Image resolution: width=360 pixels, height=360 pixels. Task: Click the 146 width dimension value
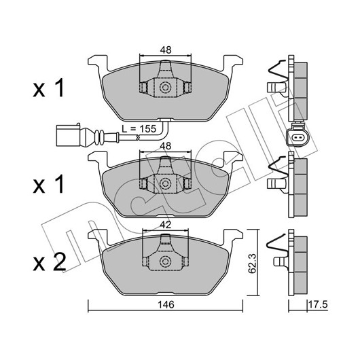[x=166, y=305]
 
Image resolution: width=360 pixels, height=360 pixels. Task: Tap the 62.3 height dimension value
[x=253, y=264]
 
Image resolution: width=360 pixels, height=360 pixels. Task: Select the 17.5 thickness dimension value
[x=318, y=305]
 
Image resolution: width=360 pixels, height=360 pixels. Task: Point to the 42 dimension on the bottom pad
[x=166, y=225]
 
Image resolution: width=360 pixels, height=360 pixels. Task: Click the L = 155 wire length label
[x=139, y=129]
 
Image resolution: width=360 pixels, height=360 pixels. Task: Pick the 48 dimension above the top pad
[x=166, y=50]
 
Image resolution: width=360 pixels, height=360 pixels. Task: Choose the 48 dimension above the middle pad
[x=166, y=146]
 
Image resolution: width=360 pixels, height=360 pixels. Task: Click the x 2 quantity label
[x=50, y=262]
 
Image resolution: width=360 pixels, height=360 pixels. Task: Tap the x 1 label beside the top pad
[x=48, y=88]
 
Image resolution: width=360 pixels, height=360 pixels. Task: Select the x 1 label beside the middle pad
[x=48, y=184]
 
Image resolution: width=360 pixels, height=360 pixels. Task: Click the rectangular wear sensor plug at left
[x=68, y=135]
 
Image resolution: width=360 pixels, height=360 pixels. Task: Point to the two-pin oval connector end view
[x=298, y=138]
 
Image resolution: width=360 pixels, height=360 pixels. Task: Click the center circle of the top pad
[x=165, y=88]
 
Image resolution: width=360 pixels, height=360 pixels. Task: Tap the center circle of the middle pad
[x=165, y=183]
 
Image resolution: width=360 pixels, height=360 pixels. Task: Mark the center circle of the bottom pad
[x=165, y=262]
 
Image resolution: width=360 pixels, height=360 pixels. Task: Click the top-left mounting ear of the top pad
[x=98, y=62]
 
